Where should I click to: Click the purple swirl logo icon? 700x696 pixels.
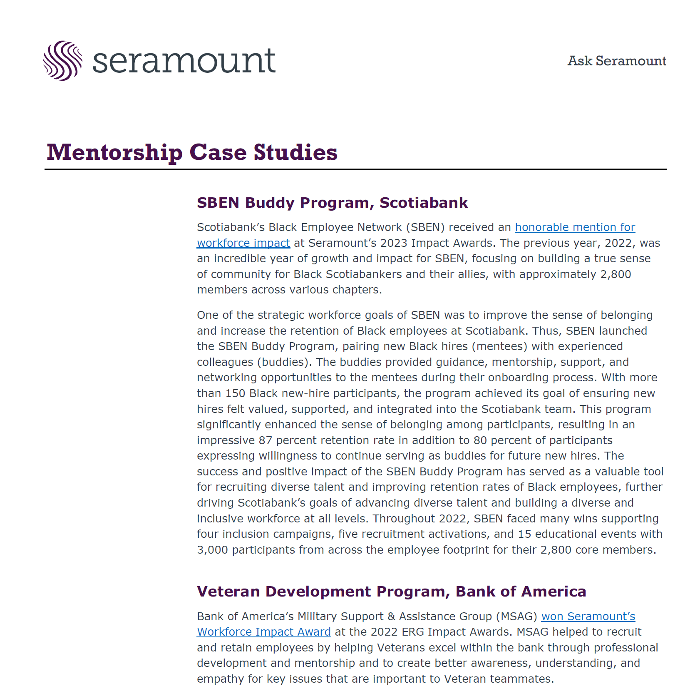click(x=62, y=61)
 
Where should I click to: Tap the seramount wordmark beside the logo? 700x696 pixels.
click(x=184, y=62)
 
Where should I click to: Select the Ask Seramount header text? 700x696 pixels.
click(x=616, y=61)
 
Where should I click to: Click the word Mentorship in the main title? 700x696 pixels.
click(x=114, y=152)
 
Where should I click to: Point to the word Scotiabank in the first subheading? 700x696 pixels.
click(x=423, y=203)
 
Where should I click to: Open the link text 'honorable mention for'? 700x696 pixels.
click(x=575, y=227)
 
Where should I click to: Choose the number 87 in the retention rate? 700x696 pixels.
click(x=265, y=440)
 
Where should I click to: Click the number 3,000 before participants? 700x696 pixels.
click(x=212, y=550)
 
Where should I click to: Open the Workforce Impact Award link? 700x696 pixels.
click(x=264, y=632)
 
